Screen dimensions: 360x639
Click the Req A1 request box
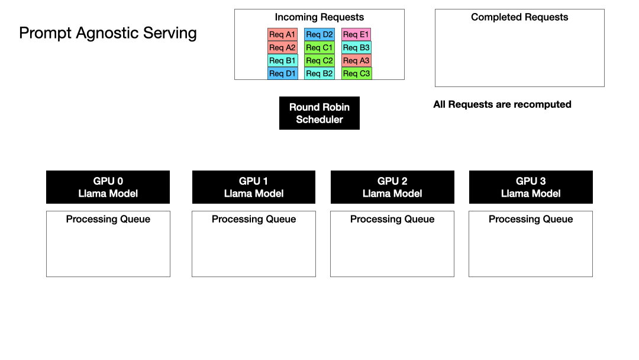[x=282, y=34]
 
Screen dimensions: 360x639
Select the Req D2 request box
[x=319, y=34]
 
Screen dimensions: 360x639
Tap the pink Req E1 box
[x=356, y=34]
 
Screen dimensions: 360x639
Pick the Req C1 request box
[x=319, y=47]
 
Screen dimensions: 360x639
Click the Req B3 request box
[x=356, y=47]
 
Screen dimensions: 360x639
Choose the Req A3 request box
[x=356, y=60]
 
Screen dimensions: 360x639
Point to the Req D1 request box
[x=282, y=73]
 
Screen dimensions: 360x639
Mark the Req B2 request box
[x=319, y=73]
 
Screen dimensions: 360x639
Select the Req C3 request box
[x=356, y=73]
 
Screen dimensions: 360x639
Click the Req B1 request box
[x=282, y=60]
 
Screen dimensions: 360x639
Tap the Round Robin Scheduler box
[x=319, y=113]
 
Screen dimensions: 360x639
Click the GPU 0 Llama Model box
[x=108, y=187]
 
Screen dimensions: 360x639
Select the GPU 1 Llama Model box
[x=254, y=187]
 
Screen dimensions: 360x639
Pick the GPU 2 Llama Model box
[x=392, y=187]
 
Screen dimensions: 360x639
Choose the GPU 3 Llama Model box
[x=531, y=187]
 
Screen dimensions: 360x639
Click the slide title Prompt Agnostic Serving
[x=108, y=33]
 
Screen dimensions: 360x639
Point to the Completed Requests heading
[x=519, y=17]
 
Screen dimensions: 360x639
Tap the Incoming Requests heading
[x=319, y=17]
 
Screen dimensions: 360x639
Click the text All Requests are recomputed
[x=502, y=104]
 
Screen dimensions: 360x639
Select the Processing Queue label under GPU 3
[x=531, y=219]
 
